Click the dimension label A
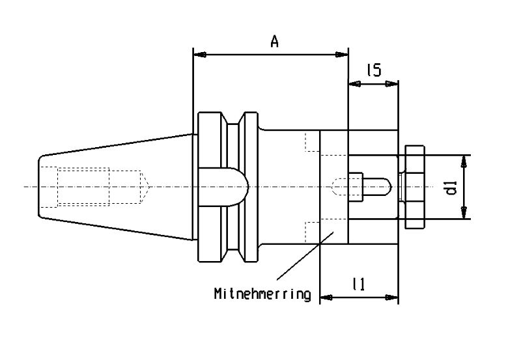pos(274,42)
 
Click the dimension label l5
pos(374,70)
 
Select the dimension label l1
pos(359,284)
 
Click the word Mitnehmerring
pos(262,294)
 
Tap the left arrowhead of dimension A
pos(200,55)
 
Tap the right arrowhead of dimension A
pos(341,55)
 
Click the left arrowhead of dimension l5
pos(355,85)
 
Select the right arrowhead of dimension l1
pos(391,298)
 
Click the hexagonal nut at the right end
pos(415,187)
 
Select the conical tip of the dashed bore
pos(145,187)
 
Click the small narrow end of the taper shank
pos(39,187)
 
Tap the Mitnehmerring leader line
pos(305,256)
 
